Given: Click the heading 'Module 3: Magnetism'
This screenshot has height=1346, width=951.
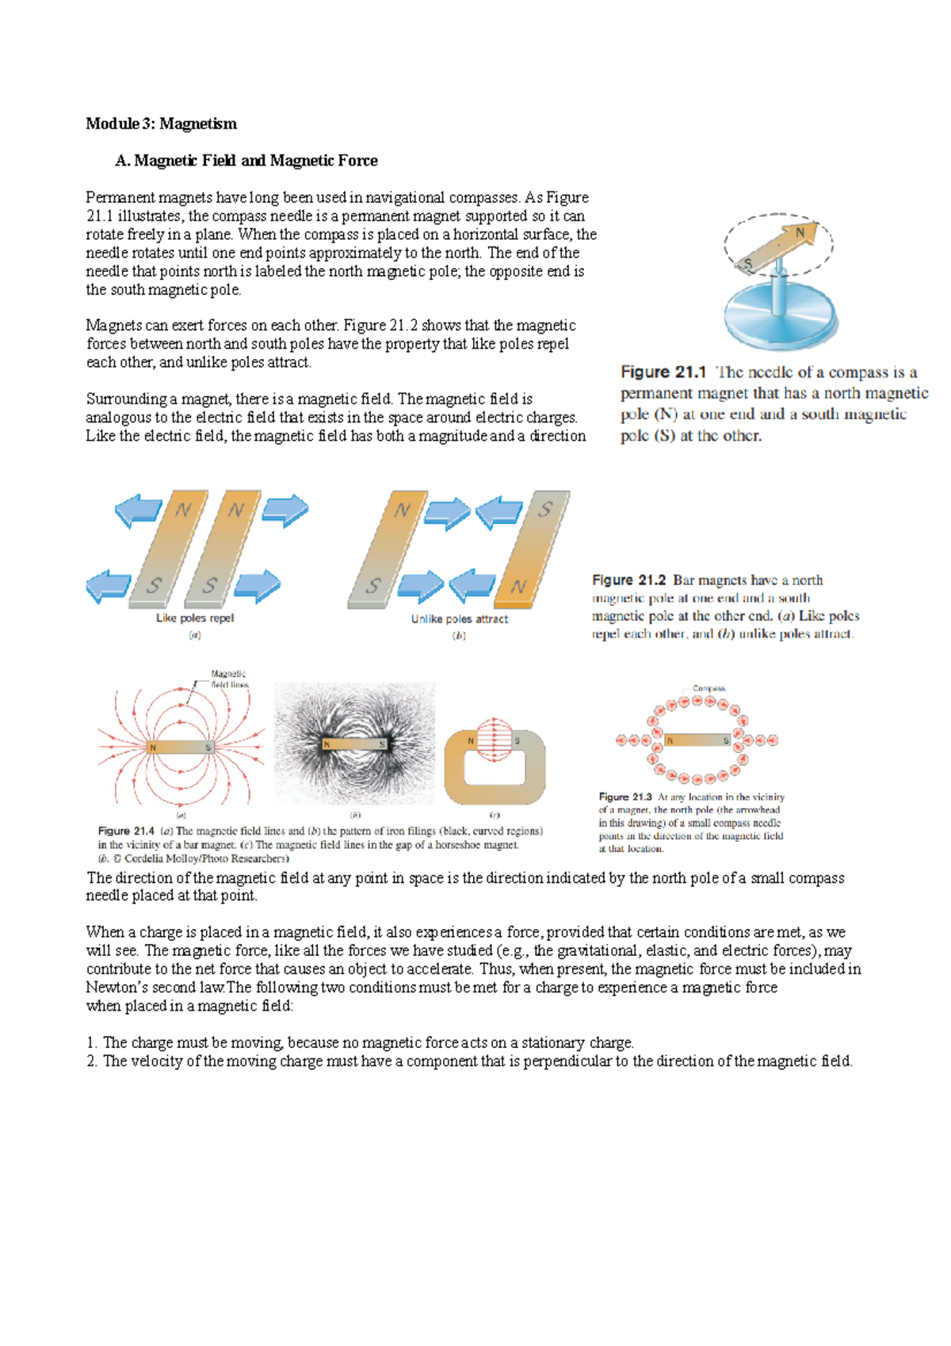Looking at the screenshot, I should [x=161, y=124].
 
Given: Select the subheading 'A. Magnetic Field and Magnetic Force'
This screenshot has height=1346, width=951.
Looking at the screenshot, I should [x=246, y=161].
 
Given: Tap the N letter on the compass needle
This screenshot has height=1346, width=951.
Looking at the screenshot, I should [x=800, y=232].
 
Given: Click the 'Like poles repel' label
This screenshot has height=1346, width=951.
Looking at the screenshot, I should [x=195, y=618].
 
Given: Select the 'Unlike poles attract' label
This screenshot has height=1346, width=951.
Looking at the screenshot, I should [x=460, y=619].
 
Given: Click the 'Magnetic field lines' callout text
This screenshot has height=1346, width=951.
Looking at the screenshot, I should [x=229, y=679].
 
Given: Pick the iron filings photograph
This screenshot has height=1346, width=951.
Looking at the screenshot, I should [x=354, y=744].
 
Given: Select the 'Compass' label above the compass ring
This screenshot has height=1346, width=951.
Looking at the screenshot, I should [x=708, y=688].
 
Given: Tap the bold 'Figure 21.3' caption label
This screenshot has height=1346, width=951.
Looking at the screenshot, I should [x=624, y=797].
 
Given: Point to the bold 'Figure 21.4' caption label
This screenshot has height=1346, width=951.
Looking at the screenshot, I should [x=125, y=832].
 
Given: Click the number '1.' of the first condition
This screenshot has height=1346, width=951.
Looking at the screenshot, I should [x=92, y=1043].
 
